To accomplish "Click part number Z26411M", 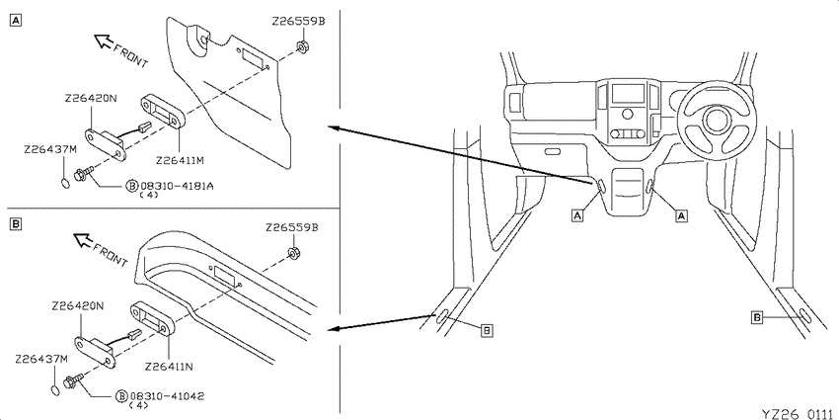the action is coord(180,160).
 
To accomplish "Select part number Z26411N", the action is coord(169,367).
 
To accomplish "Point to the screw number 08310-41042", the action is coord(167,396).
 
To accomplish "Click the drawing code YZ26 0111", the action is coord(800,413).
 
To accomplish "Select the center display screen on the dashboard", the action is coord(628,94).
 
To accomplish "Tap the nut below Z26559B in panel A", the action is coord(301,47).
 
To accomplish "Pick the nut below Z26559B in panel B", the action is coord(293,252).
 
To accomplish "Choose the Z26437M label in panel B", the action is coord(41,358).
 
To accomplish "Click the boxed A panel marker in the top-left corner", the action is coord(16,21).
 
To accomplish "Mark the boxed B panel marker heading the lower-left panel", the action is coord(16,224).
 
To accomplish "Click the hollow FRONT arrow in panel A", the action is coord(103,41).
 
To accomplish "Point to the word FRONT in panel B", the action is coord(111,255).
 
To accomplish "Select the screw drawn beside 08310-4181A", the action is coord(85,173).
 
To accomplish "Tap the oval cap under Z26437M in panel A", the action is coord(64,183).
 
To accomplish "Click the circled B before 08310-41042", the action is coord(121,396).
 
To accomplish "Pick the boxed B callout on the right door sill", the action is coord(757,318).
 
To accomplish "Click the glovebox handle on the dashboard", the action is coord(552,151).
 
